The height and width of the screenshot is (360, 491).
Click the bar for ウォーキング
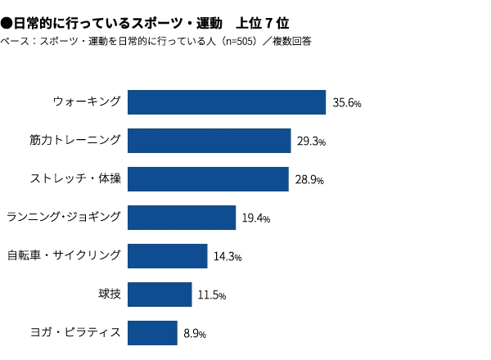(x=227, y=101)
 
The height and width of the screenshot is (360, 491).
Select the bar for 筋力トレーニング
(x=209, y=141)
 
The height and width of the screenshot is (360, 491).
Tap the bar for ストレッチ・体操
(x=209, y=179)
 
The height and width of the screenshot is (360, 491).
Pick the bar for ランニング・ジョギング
(x=181, y=218)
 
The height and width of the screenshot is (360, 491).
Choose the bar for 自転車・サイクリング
(x=167, y=256)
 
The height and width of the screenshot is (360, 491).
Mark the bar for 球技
(x=160, y=295)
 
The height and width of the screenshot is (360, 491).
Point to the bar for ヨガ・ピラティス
(x=153, y=333)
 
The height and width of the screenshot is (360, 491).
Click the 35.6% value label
(x=347, y=103)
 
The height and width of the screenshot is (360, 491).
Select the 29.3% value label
(x=312, y=142)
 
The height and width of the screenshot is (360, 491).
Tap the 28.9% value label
(x=309, y=180)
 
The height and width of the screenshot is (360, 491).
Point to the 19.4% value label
(x=255, y=218)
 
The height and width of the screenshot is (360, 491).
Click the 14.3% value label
(x=227, y=257)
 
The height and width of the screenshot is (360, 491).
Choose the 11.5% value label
(x=211, y=295)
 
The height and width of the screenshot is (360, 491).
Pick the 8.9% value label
(x=194, y=334)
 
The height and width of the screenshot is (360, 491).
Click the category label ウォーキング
(x=87, y=101)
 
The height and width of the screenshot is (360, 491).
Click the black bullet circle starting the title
(x=7, y=21)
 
